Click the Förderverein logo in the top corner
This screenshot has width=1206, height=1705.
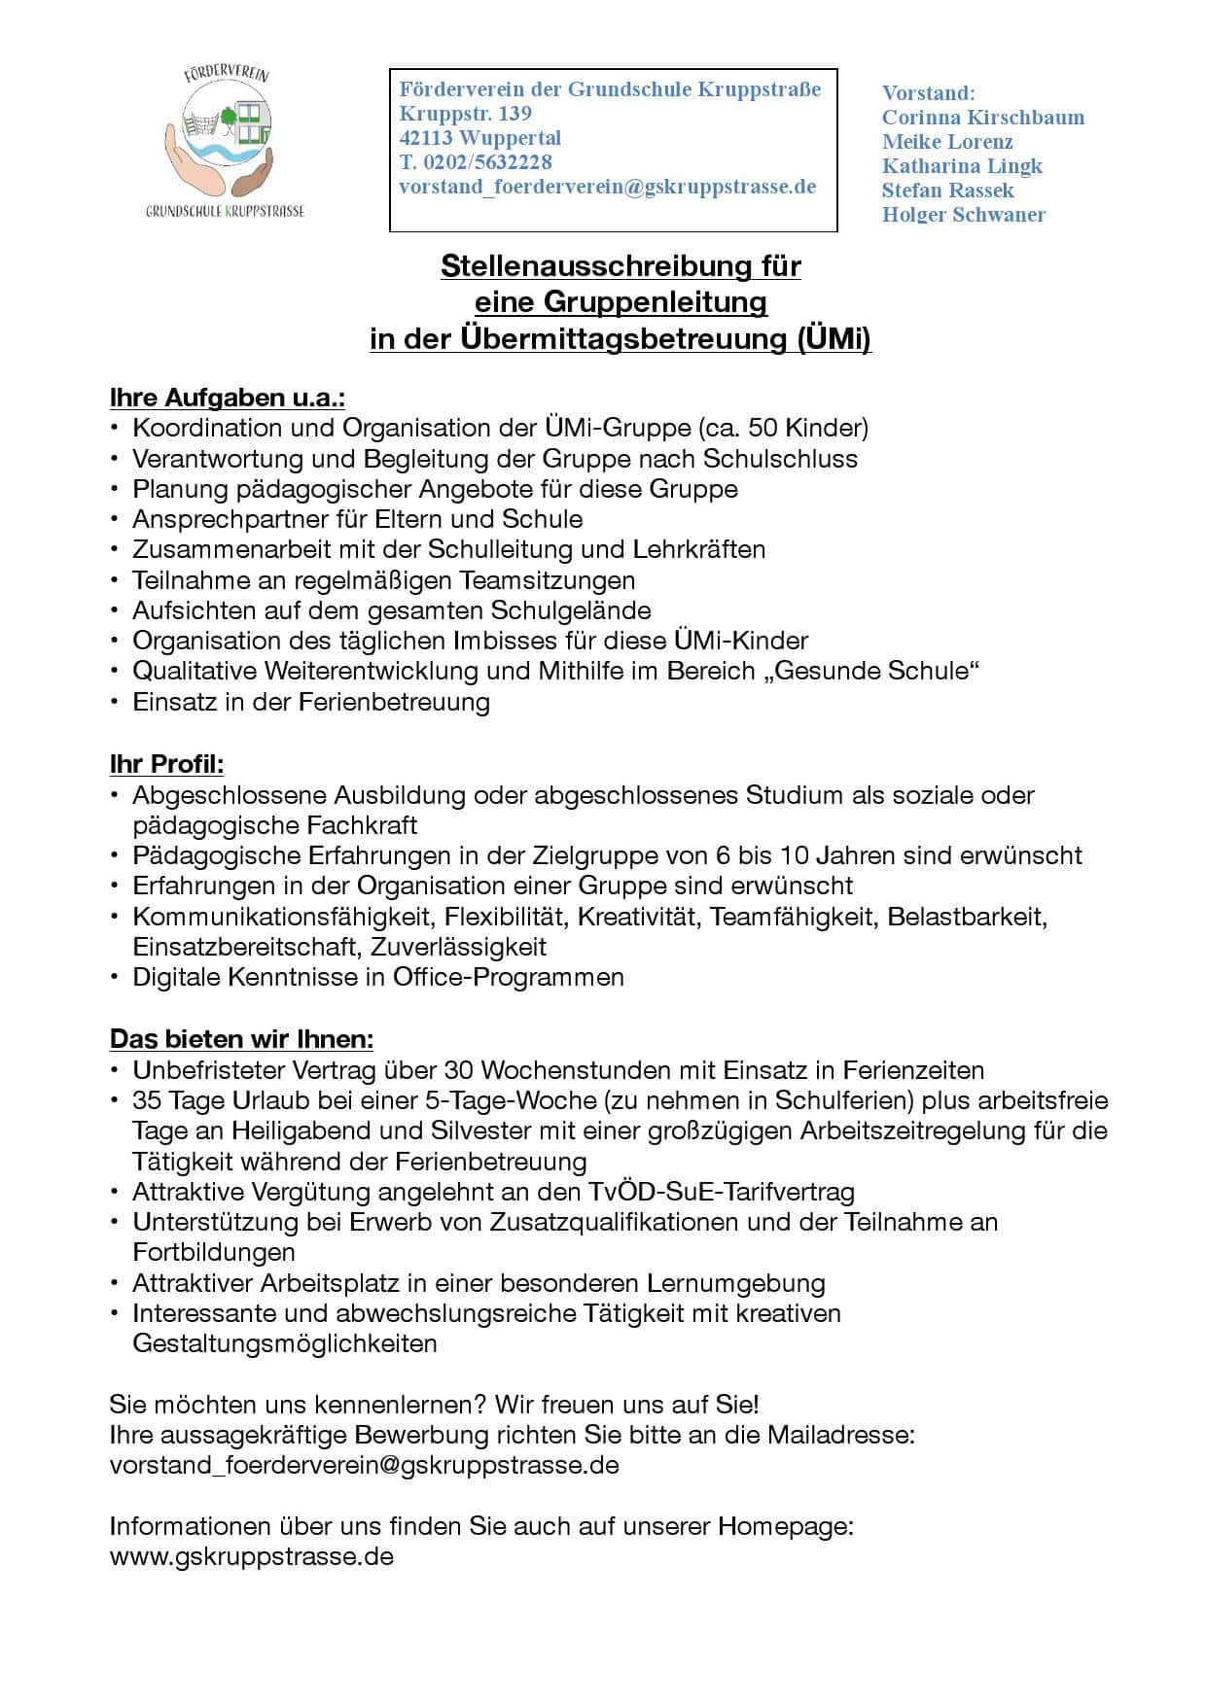(226, 141)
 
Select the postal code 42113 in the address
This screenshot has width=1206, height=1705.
(427, 138)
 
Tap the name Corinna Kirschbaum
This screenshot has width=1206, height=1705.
(982, 118)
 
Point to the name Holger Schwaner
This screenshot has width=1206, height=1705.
(963, 215)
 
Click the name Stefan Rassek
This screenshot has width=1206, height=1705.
(947, 191)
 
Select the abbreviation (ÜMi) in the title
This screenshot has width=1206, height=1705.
(834, 339)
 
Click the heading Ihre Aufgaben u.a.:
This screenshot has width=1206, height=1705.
(228, 398)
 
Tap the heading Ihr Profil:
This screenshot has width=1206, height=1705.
(166, 764)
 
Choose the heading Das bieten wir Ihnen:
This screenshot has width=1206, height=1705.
(241, 1039)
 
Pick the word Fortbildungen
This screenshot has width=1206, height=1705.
(214, 1252)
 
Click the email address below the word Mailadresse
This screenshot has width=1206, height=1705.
(364, 1465)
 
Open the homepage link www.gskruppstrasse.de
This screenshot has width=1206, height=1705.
(251, 1556)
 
